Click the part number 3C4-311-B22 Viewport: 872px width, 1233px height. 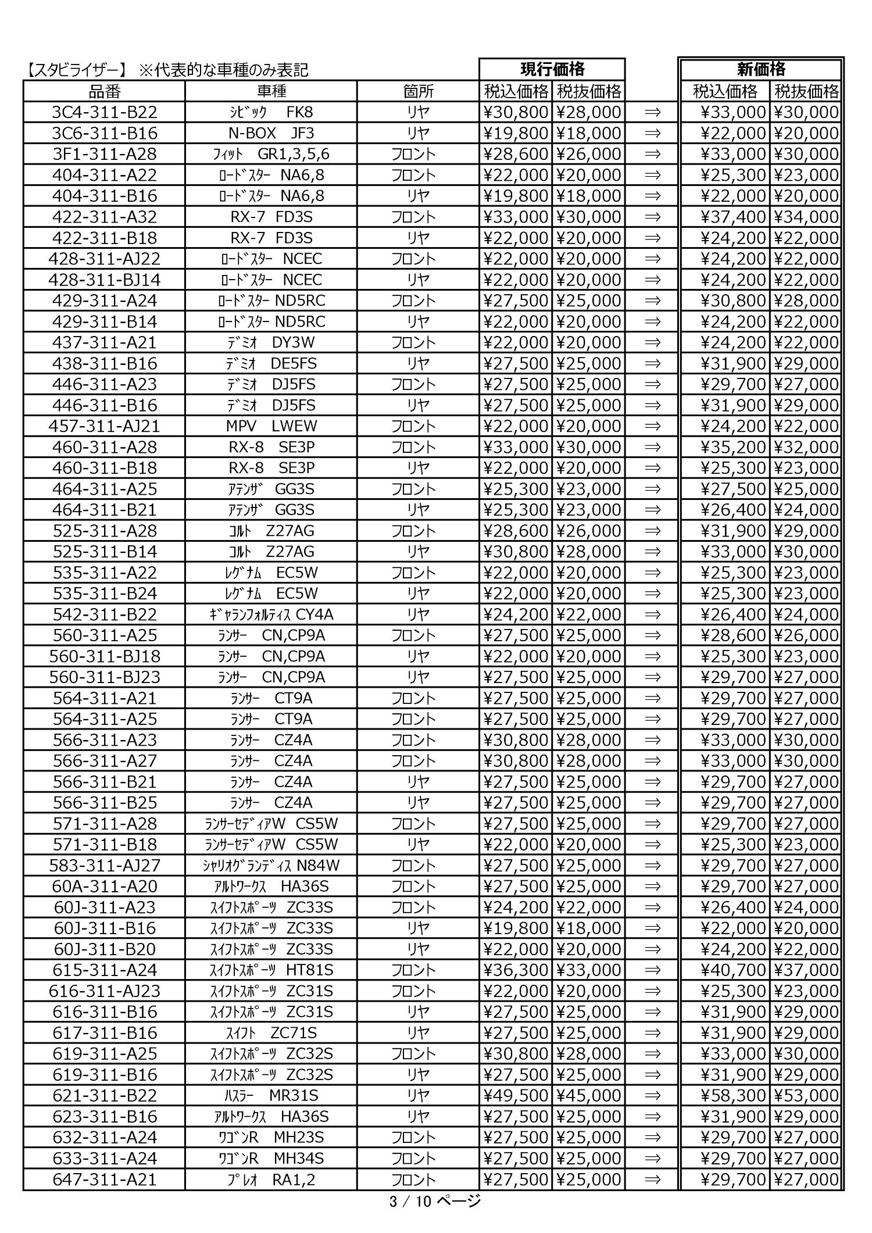click(105, 112)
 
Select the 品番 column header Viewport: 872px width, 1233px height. click(105, 91)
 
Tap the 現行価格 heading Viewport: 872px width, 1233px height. click(552, 69)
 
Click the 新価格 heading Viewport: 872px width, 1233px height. click(761, 69)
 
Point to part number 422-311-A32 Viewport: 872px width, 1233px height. click(105, 217)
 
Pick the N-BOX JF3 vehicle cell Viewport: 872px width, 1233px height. click(271, 133)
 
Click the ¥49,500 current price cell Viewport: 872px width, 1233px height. click(516, 1096)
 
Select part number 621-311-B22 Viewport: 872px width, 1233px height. click(105, 1096)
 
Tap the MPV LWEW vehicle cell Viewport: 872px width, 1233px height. click(271, 426)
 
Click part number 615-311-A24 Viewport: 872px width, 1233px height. click(105, 970)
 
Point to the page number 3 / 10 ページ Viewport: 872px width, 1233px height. click(435, 1200)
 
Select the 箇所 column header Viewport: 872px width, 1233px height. click(418, 91)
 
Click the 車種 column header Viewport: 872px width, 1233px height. click(271, 91)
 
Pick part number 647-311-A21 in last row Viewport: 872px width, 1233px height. click(105, 1180)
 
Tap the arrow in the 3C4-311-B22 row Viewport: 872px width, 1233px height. click(652, 112)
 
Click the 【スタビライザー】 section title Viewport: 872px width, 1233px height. click(76, 70)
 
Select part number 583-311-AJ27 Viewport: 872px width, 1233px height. click(105, 866)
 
